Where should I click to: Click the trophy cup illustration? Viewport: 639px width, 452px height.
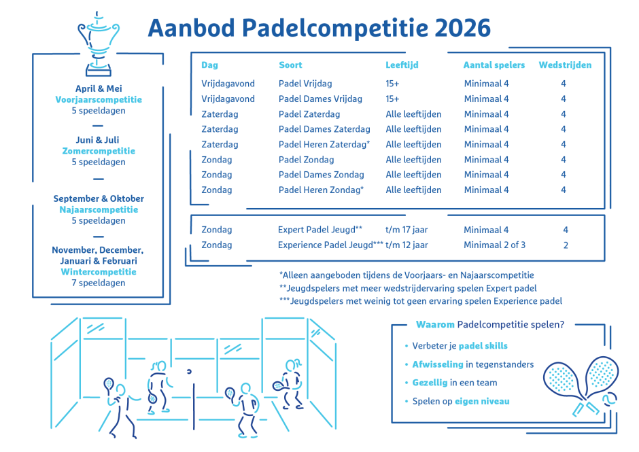[99, 43]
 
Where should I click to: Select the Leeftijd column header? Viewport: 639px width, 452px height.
[402, 65]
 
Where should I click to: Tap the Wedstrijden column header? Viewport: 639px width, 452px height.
[565, 65]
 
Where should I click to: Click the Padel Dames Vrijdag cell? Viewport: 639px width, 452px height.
[320, 99]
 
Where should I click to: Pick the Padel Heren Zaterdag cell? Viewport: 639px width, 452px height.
[324, 144]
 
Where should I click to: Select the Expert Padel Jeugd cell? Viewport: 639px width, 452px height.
[319, 230]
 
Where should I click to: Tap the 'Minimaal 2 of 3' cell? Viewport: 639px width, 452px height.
[494, 245]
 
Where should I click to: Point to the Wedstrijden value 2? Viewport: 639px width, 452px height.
[566, 245]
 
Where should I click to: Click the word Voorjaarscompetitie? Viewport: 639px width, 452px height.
[99, 99]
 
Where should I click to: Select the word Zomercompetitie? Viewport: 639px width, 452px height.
[99, 151]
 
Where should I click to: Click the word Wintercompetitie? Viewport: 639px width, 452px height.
[99, 271]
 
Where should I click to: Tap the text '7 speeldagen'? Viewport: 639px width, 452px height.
[99, 283]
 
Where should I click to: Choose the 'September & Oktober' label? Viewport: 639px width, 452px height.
[99, 198]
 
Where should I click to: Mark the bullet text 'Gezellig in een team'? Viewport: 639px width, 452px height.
[455, 383]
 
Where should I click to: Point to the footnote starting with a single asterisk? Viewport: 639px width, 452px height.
[406, 275]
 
